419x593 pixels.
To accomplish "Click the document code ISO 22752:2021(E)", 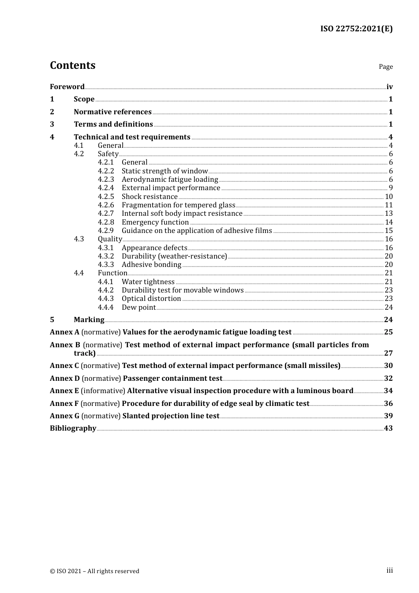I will click(x=356, y=29).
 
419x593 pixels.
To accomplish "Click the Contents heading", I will click(x=72, y=65).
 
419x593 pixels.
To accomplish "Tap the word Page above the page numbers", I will click(x=385, y=67).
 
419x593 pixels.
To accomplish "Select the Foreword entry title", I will click(x=67, y=87).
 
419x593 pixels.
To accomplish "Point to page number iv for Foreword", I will click(x=389, y=87).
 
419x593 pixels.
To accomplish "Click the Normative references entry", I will click(x=112, y=112).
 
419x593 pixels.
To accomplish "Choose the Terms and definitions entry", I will click(x=113, y=124).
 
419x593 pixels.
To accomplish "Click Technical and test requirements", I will click(x=132, y=137).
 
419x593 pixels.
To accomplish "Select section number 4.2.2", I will click(x=106, y=171).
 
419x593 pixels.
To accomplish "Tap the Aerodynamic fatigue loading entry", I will click(x=170, y=180).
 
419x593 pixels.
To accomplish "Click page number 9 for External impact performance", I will click(x=390, y=188).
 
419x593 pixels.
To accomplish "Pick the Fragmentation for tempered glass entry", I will click(x=178, y=205).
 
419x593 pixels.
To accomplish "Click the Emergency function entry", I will click(x=155, y=222).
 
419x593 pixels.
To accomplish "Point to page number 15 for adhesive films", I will click(x=389, y=231).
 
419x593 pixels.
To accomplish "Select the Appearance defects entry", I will click(x=154, y=248).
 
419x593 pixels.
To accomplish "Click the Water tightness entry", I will click(x=148, y=282).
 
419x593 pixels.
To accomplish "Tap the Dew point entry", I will click(x=138, y=308).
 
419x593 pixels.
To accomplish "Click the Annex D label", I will click(x=65, y=379).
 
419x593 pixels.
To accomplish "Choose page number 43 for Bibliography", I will click(x=388, y=428).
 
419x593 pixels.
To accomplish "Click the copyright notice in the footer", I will click(x=94, y=571).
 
